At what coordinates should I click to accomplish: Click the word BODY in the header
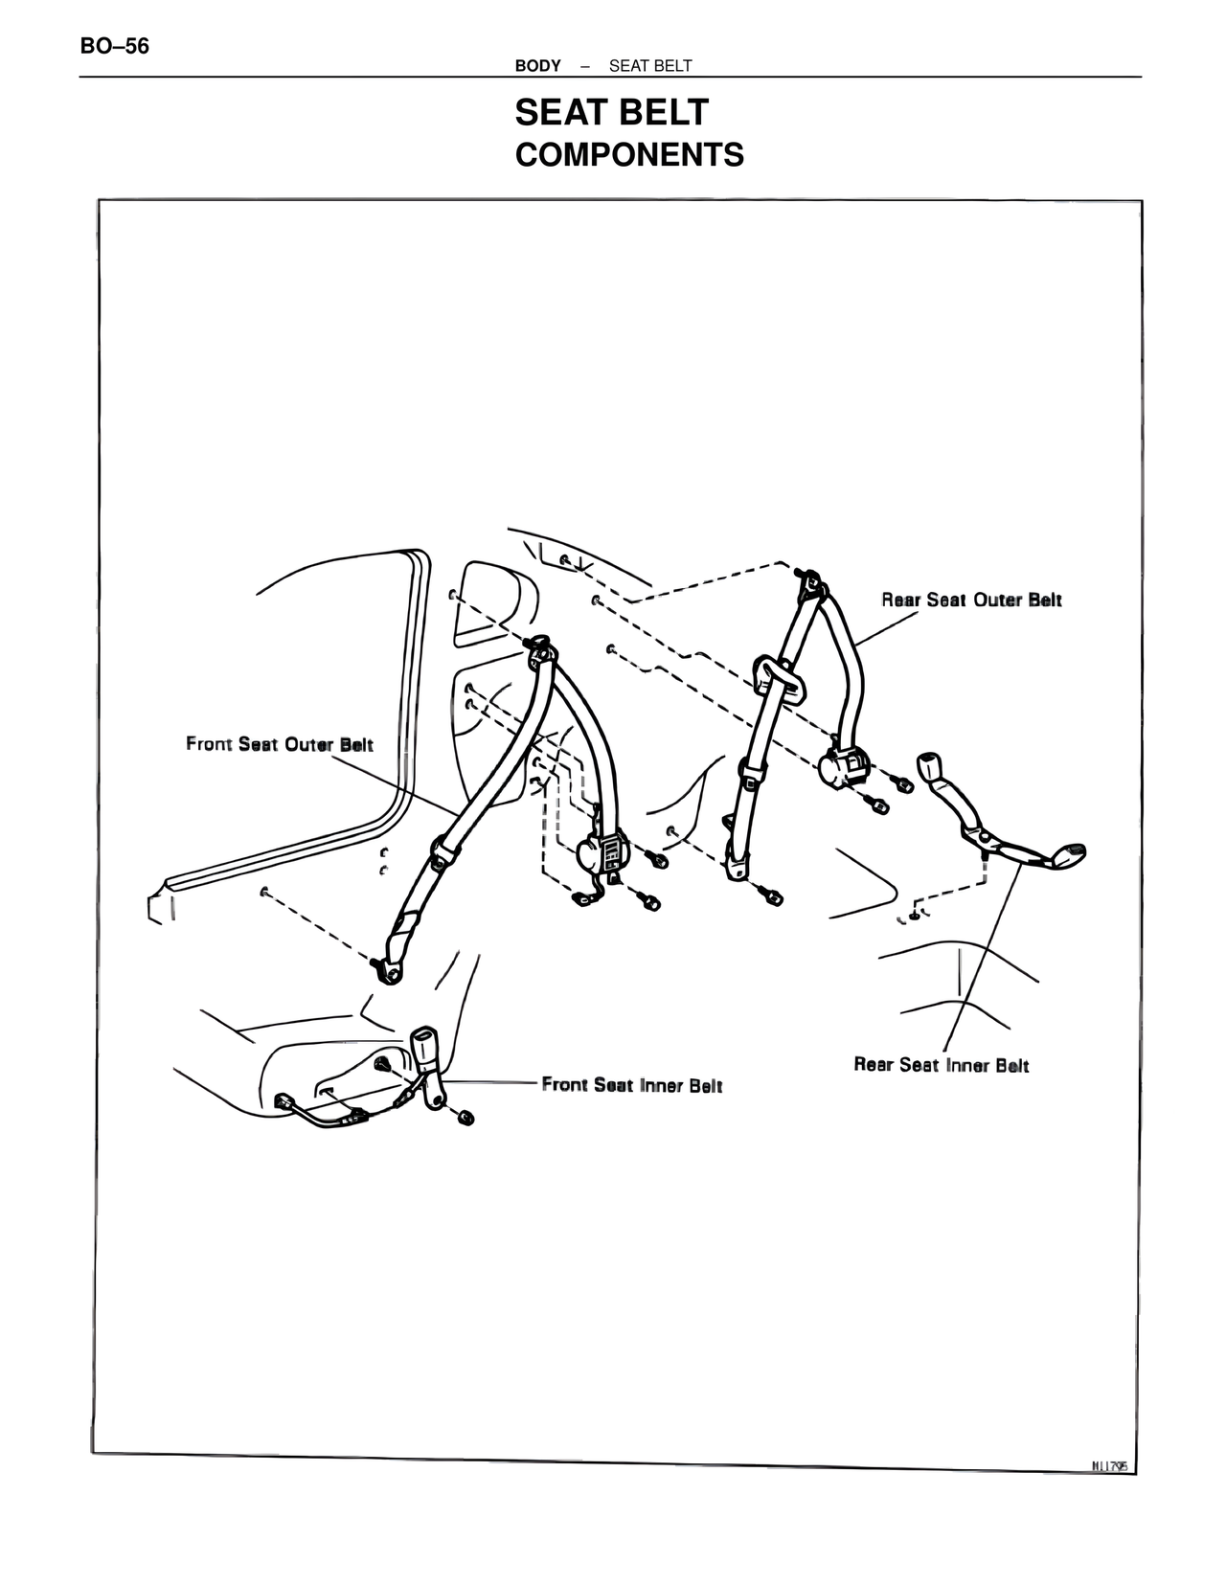pos(537,66)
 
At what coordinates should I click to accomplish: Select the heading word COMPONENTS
pos(629,155)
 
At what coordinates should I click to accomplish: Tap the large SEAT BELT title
pos(611,113)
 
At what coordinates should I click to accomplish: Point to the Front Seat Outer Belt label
pos(280,744)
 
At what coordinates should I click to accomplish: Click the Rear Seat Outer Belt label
pos(971,600)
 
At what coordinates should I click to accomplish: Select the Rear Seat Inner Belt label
pos(941,1065)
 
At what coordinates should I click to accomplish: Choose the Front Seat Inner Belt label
pos(632,1085)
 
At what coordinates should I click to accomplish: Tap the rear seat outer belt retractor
pos(843,767)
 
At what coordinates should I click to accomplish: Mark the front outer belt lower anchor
pos(391,970)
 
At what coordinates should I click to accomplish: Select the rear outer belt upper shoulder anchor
pos(810,582)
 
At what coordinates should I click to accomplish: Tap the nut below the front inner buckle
pos(466,1118)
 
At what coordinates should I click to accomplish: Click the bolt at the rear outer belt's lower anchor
pos(772,897)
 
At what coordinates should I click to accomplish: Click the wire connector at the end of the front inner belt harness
pos(284,1103)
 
